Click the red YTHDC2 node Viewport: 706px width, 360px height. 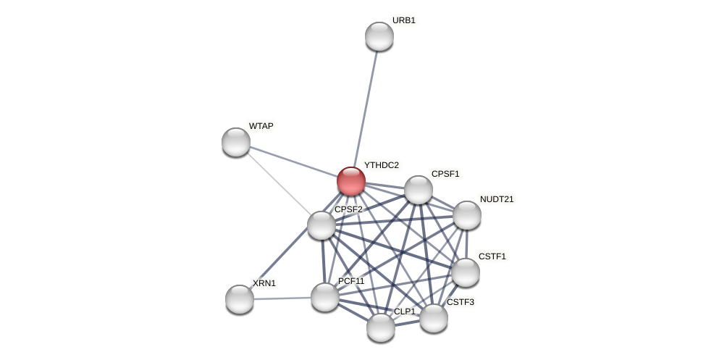(351, 181)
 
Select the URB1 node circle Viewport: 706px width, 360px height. (379, 36)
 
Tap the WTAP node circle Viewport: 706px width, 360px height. (236, 142)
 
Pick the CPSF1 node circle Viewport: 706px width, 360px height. (419, 190)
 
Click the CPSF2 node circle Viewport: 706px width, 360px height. (322, 225)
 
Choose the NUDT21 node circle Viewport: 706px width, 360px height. (467, 215)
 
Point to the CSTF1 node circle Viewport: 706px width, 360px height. (466, 272)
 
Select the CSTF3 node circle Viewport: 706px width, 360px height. (434, 318)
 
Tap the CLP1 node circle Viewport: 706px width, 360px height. (381, 327)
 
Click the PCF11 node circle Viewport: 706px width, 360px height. (325, 297)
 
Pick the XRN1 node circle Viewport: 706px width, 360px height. (240, 299)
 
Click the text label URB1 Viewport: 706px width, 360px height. (403, 20)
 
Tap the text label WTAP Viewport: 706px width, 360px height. (261, 126)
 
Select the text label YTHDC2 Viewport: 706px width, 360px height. (381, 165)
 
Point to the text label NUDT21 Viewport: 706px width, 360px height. (497, 199)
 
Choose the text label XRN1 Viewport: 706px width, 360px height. (264, 283)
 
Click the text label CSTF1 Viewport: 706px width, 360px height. (492, 256)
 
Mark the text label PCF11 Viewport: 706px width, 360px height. (351, 281)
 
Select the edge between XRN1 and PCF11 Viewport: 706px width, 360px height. (282, 298)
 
